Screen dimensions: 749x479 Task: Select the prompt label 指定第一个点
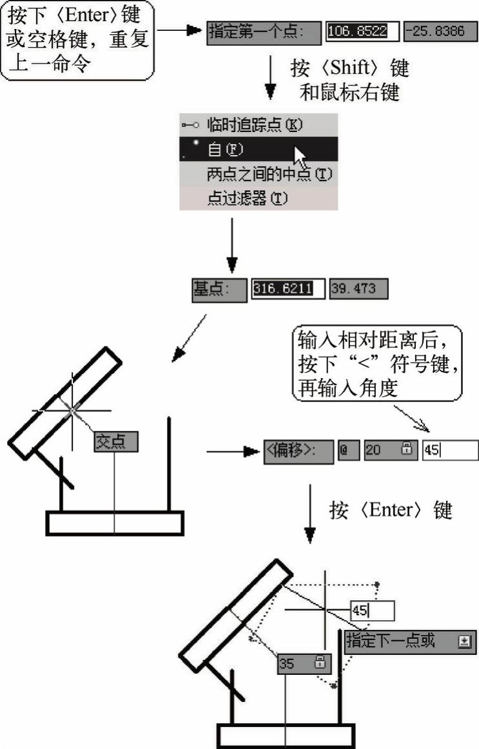click(264, 32)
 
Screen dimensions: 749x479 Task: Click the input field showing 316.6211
click(288, 289)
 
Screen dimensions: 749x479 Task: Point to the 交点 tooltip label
click(115, 442)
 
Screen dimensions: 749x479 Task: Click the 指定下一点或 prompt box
click(410, 641)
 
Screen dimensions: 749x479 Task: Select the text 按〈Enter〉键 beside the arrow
click(391, 510)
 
